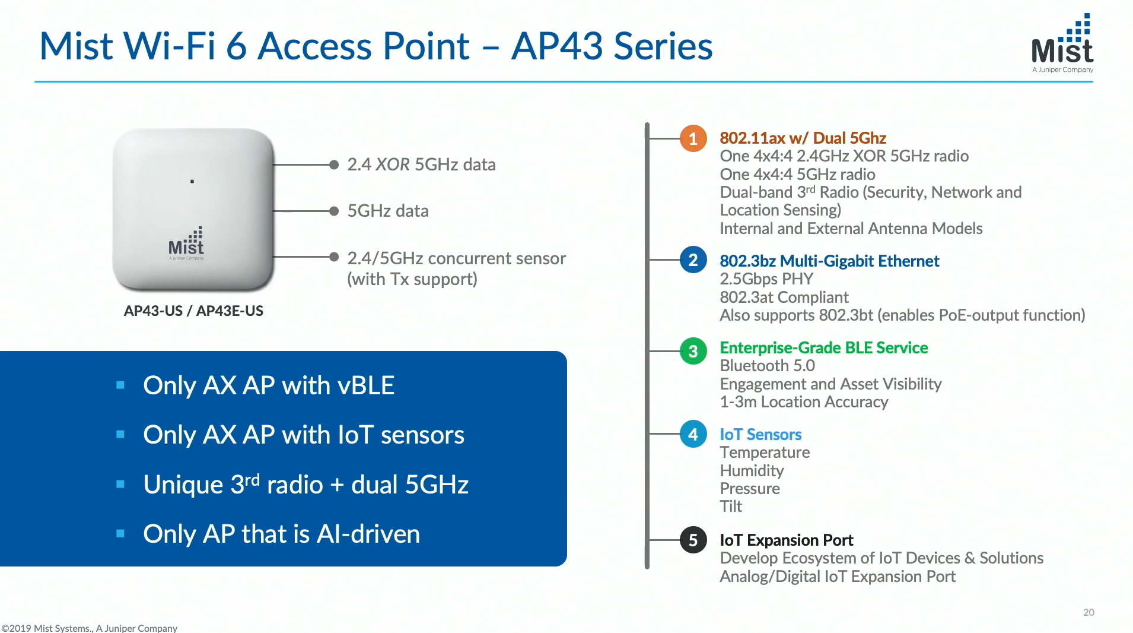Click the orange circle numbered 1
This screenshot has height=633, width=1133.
693,139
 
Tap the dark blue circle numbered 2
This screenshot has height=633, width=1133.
693,260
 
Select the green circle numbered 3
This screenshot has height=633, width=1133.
693,351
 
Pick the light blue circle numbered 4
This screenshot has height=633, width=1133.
693,434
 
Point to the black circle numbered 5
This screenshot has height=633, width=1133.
693,540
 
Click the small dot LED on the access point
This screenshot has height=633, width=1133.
192,181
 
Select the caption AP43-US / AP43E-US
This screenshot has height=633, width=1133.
193,311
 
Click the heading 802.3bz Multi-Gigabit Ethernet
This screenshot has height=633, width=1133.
829,261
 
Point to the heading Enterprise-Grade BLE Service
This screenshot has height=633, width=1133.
823,348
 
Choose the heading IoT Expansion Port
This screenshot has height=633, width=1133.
786,540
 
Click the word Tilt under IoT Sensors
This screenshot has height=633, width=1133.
731,507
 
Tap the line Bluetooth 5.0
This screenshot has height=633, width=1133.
767,366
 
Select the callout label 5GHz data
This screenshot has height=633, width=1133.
387,211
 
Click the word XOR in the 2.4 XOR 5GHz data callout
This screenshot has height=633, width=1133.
392,164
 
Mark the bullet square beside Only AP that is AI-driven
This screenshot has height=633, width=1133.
120,533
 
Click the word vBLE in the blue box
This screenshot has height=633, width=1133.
365,385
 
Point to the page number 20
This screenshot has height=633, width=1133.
1089,612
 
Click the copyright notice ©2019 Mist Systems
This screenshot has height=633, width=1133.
89,628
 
